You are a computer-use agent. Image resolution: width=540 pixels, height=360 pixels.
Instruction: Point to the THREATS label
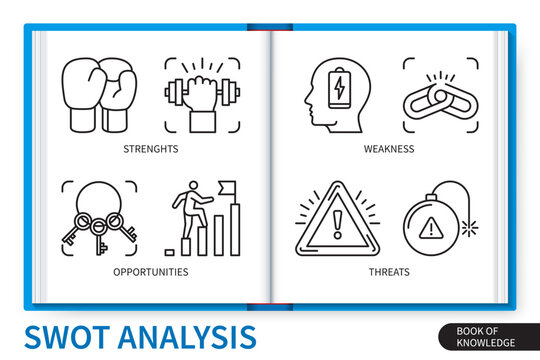coord(388,271)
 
